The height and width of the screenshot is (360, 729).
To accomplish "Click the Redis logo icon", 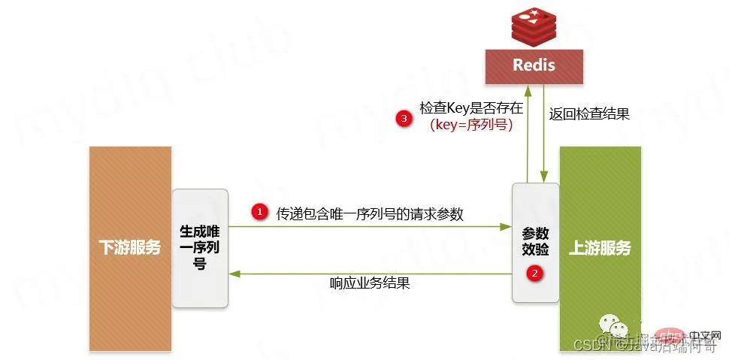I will click(534, 26).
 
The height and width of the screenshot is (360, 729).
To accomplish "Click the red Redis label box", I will click(534, 65).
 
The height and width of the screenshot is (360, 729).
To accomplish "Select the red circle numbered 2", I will click(534, 274).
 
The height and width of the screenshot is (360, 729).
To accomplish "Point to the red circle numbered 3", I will click(405, 119).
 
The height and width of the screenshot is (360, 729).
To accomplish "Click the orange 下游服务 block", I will click(130, 248).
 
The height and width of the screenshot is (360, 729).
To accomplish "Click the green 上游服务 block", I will click(600, 248).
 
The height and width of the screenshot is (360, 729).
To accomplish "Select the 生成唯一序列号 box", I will click(200, 247).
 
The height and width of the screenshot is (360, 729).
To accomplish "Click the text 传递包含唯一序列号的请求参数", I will click(370, 213).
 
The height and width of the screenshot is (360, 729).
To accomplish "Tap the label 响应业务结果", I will click(369, 283).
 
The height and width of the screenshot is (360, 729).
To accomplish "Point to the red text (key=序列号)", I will click(471, 126).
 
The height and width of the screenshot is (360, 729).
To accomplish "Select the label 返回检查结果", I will click(589, 114).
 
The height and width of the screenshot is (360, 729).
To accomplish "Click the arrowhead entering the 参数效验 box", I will click(506, 226).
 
